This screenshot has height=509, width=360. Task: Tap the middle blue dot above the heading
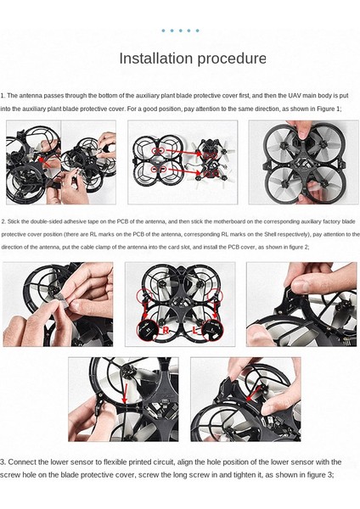pyautogui.click(x=180, y=31)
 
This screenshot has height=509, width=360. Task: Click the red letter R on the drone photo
pyautogui.click(x=166, y=331)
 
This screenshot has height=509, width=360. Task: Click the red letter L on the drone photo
pyautogui.click(x=194, y=331)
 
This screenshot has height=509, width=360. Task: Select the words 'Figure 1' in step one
pyautogui.click(x=329, y=109)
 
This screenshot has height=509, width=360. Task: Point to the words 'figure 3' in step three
pyautogui.click(x=320, y=475)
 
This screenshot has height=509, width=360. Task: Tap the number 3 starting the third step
pyautogui.click(x=2, y=462)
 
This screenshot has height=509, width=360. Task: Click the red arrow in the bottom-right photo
pyautogui.click(x=253, y=393)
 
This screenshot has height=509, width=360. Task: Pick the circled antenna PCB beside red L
pyautogui.click(x=213, y=329)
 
